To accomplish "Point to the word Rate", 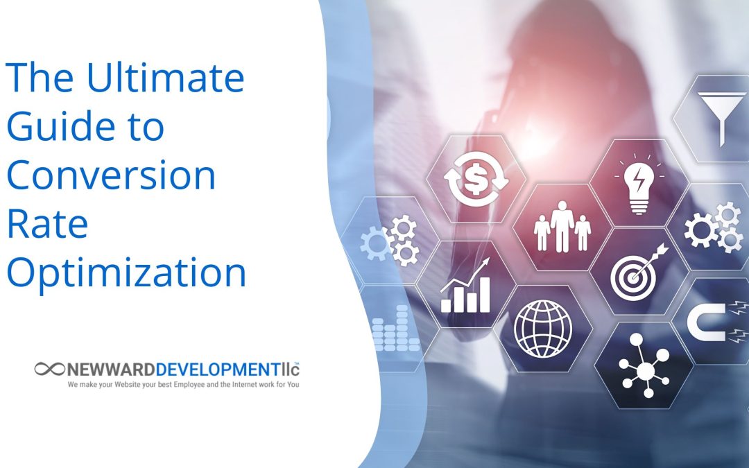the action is [x=47, y=223].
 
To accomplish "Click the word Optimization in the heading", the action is [x=126, y=272].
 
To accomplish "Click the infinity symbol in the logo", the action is [x=49, y=369].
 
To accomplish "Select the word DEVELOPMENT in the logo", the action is [x=217, y=370].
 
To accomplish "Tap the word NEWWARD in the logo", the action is [x=110, y=370].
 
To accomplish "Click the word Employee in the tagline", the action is [x=189, y=384].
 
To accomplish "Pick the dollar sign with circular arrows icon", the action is [x=476, y=179].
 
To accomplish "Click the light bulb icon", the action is [x=639, y=184].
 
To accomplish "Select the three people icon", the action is [x=562, y=226].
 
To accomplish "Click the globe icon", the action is [x=542, y=329].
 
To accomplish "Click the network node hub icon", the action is [x=644, y=366].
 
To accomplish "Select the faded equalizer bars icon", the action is [x=395, y=329].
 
